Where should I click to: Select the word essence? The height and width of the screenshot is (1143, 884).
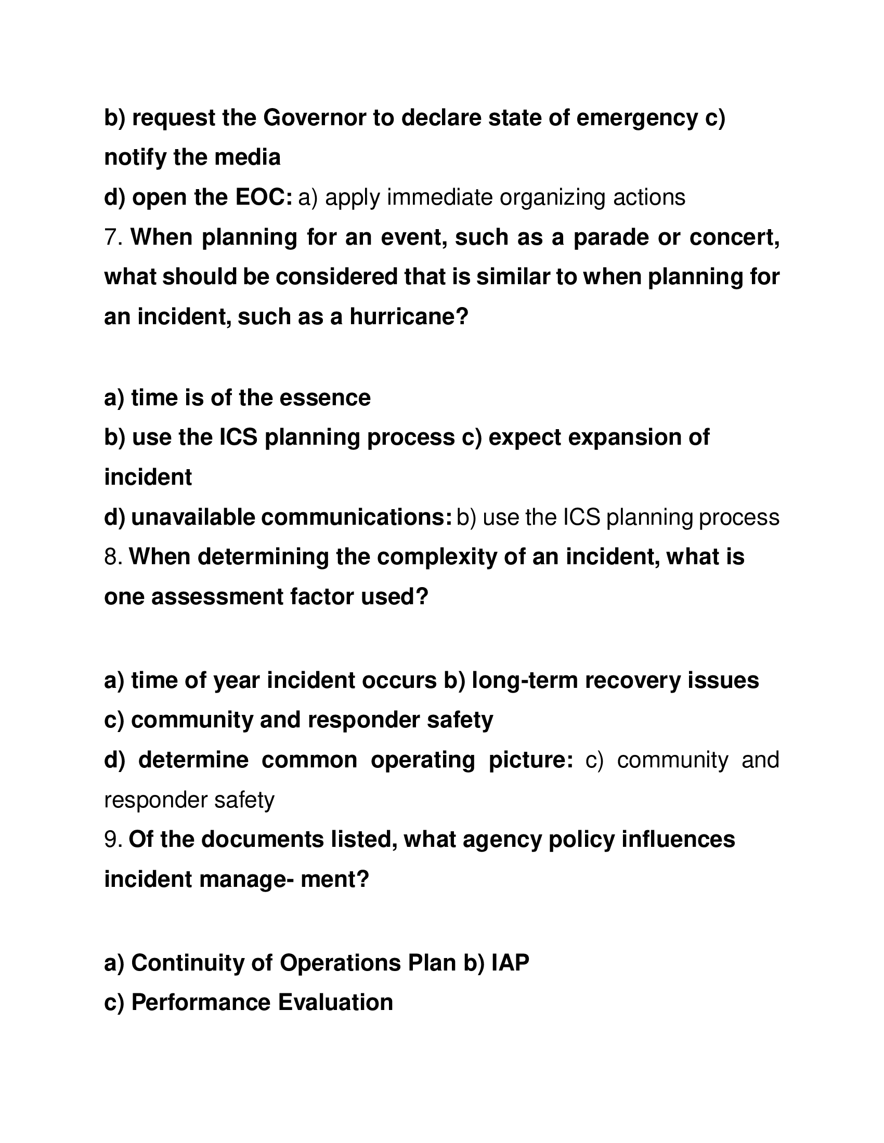(x=324, y=398)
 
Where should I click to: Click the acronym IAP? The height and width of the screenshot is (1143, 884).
(x=510, y=962)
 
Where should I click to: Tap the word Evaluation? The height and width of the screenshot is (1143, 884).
(x=335, y=1002)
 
